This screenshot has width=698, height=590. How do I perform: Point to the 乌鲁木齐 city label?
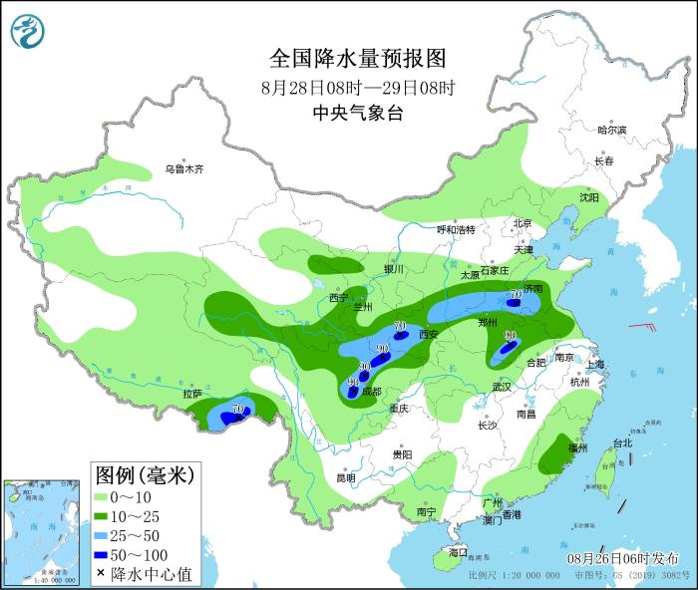(x=184, y=169)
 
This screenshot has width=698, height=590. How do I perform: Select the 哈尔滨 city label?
(x=611, y=131)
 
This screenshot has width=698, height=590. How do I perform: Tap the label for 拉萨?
(x=192, y=394)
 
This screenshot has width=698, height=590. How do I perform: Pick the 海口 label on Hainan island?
(x=458, y=551)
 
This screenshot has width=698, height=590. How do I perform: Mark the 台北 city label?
(x=622, y=442)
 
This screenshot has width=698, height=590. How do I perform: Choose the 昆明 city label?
(x=345, y=477)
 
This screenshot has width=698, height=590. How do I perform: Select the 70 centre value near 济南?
(x=516, y=295)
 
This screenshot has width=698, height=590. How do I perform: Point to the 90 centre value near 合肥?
(x=511, y=337)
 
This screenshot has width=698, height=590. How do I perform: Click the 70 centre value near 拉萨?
(x=238, y=410)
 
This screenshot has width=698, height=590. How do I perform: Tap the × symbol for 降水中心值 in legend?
(x=102, y=573)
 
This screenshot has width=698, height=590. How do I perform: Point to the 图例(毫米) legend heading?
(x=145, y=472)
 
